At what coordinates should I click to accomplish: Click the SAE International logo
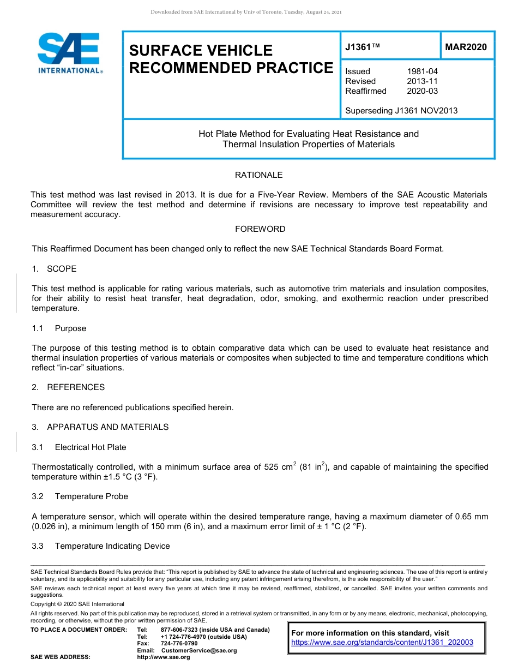coord(69,53)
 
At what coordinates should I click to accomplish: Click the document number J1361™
coord(363,47)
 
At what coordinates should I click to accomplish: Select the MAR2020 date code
coord(466,47)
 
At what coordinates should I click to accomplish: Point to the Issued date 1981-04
coord(422,71)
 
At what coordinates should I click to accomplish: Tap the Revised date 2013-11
coord(422,81)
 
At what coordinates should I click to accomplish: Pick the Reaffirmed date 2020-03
coord(422,91)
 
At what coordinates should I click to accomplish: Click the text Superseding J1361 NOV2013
coord(401,111)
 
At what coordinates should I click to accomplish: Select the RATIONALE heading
coord(258,175)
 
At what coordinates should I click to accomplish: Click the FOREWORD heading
coord(260,229)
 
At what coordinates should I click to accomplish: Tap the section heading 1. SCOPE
coord(54,269)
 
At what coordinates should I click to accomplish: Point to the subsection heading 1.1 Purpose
coord(59,328)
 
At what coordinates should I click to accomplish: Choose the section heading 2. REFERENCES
coord(68,387)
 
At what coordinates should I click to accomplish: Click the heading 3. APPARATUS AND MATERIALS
coord(100,427)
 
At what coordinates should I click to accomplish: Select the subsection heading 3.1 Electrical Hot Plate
coord(79,447)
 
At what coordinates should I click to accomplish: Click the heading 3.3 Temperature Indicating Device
coord(101,546)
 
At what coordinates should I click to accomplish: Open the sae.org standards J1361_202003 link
coord(382,643)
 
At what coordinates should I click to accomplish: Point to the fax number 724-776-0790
coord(179,644)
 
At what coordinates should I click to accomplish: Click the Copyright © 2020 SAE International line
coord(77,604)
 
